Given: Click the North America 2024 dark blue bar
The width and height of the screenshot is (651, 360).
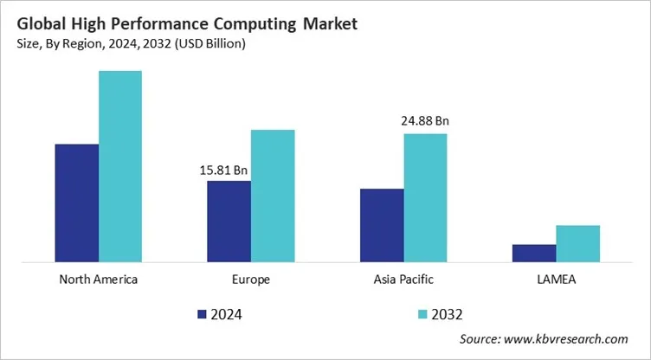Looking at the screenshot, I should tap(76, 202).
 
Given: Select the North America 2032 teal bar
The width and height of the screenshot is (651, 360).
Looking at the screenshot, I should tap(120, 165).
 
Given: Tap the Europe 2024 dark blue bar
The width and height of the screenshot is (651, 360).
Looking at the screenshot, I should tap(229, 221).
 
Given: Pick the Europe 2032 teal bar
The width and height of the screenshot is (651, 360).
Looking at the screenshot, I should tap(273, 196).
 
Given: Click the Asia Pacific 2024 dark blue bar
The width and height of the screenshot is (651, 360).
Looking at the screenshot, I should tap(382, 225).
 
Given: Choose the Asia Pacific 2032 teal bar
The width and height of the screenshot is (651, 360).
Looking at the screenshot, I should tap(426, 197).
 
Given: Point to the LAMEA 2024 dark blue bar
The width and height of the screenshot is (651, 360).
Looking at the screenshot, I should tap(534, 253).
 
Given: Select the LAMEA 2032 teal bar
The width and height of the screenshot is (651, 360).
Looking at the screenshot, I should tap(578, 243).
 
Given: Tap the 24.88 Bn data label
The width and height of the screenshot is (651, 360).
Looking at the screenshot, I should tap(424, 121).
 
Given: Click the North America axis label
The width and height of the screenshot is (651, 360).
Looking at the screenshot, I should tap(99, 280).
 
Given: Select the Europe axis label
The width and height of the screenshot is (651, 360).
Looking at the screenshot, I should tap(251, 280).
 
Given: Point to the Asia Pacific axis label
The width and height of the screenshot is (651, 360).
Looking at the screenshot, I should tap(403, 280).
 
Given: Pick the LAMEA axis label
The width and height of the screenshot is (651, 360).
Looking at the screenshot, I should tap(556, 280).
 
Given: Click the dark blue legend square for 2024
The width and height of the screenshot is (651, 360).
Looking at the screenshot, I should tap(203, 313).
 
